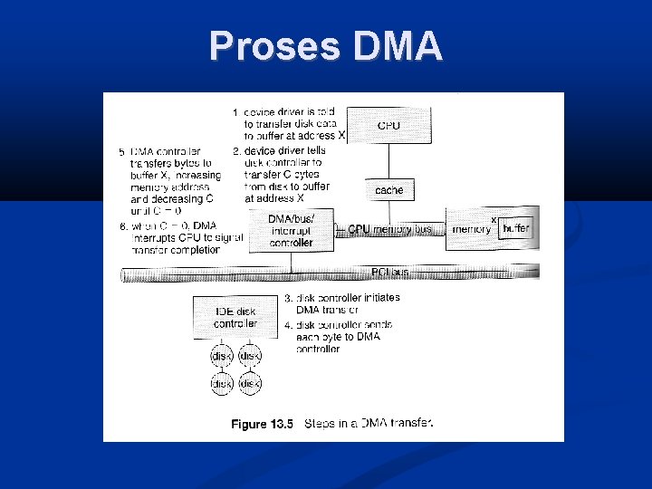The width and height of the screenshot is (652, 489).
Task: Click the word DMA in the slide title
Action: click(x=399, y=45)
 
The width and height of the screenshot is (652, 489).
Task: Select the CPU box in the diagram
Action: click(x=388, y=125)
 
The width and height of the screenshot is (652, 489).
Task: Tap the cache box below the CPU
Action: click(x=388, y=190)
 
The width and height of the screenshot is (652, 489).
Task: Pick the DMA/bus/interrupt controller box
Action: click(x=291, y=231)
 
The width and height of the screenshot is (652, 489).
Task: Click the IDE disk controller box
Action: click(x=235, y=318)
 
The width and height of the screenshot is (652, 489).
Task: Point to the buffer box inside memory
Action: click(x=516, y=229)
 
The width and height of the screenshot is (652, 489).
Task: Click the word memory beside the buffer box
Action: click(x=472, y=229)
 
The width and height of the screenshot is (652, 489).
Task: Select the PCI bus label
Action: click(x=389, y=271)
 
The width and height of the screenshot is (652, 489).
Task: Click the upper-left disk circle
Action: click(x=221, y=356)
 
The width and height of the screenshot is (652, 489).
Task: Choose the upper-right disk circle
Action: click(x=250, y=356)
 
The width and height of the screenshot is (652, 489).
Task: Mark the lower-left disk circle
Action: click(x=221, y=385)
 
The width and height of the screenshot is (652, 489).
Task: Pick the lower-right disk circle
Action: click(x=250, y=385)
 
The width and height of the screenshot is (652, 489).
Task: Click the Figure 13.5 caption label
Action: click(x=263, y=424)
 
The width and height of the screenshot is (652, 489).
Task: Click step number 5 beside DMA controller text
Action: click(x=122, y=152)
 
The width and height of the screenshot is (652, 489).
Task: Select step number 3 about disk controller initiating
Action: click(x=288, y=298)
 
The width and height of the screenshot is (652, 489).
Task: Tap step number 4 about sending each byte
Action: click(x=288, y=324)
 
